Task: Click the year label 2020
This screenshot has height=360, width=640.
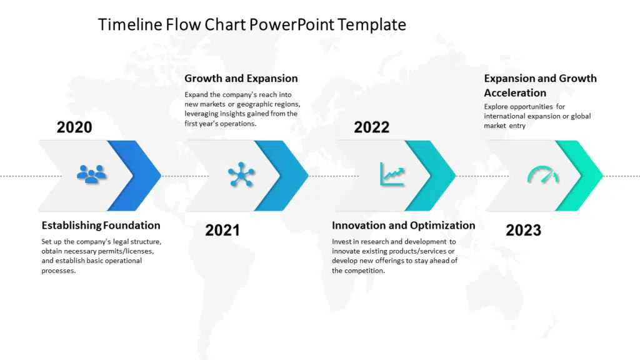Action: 74,127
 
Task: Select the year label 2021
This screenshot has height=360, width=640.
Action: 222,230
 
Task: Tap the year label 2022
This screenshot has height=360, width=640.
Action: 371,127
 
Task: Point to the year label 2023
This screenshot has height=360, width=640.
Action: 523,230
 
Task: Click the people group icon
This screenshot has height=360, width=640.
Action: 92,174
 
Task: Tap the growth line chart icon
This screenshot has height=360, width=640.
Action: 392,174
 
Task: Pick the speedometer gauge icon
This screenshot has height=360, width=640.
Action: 542,174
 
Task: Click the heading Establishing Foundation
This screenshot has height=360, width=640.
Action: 101,226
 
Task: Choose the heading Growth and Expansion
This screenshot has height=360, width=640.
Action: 241,79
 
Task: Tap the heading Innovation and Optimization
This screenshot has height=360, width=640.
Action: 403,226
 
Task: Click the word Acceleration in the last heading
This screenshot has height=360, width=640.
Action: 515,93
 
